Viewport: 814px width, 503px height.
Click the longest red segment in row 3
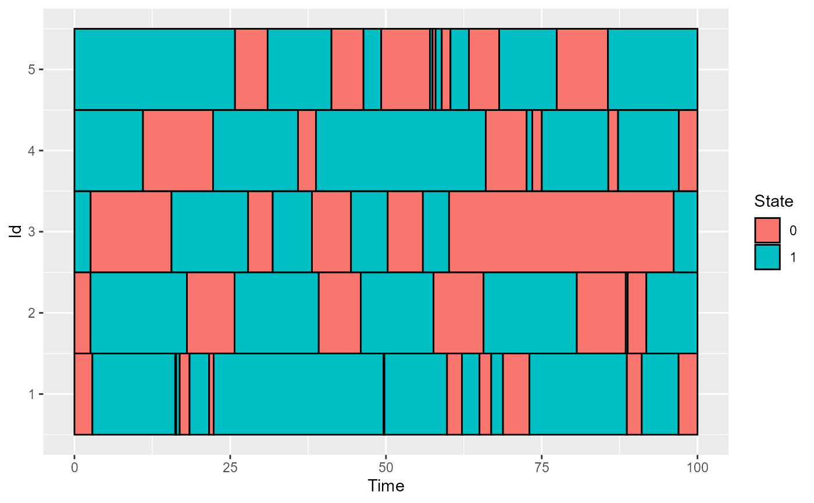[561, 232]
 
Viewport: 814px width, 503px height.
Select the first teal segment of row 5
[154, 69]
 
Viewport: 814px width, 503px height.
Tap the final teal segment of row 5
[652, 69]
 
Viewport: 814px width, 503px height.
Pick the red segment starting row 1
[83, 394]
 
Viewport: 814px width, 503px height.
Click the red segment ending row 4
[688, 150]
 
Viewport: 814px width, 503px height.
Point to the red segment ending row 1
[688, 394]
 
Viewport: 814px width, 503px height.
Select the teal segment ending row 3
[686, 232]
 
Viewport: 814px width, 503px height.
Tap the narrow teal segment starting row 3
[82, 232]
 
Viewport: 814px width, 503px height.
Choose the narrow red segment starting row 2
[82, 312]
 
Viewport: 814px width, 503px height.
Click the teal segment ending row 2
[672, 312]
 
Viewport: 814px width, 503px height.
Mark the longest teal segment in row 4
[401, 150]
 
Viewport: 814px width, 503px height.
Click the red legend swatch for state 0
[767, 230]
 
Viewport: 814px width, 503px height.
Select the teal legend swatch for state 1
[767, 257]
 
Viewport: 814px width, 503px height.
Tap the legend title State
[773, 202]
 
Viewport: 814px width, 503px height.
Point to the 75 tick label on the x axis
[541, 468]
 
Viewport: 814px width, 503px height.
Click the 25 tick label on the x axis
[230, 468]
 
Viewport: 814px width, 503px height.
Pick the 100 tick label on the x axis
[697, 468]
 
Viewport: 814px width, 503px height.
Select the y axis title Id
[17, 232]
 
